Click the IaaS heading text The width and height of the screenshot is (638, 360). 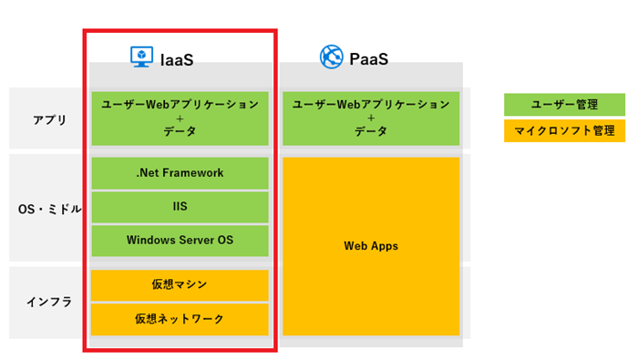177,59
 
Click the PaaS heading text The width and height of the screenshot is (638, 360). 369,59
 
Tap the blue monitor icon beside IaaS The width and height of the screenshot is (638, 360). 142,57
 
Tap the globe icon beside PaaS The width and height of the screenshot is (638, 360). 331,57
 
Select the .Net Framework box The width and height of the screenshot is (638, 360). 180,173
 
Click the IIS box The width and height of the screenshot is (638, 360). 180,207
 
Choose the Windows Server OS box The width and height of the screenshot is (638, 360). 180,241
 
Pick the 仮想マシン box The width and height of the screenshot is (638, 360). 180,285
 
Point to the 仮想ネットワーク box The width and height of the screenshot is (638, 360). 180,319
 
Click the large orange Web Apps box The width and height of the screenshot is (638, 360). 371,246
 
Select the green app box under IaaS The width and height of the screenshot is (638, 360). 180,118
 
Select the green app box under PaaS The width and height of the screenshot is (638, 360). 371,118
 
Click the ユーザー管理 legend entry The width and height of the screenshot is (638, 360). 564,105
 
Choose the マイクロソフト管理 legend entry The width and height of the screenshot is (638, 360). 564,131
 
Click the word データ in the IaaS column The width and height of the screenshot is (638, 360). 180,132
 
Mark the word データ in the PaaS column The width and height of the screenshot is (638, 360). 371,132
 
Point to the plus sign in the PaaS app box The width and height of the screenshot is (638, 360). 371,118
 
